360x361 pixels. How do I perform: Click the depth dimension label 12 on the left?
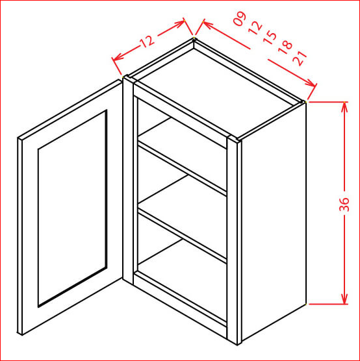click(147, 41)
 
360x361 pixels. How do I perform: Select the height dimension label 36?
click(344, 205)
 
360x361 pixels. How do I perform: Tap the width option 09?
click(240, 18)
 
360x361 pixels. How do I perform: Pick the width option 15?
click(270, 38)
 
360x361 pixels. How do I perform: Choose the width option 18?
click(285, 48)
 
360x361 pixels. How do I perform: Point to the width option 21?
click(300, 58)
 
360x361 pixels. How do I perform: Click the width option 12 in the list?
click(255, 28)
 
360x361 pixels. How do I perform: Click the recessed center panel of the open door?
click(72, 208)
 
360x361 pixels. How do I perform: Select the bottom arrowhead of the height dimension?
click(344, 299)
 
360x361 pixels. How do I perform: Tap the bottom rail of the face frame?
click(180, 304)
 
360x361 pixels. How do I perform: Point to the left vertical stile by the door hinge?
click(128, 180)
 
